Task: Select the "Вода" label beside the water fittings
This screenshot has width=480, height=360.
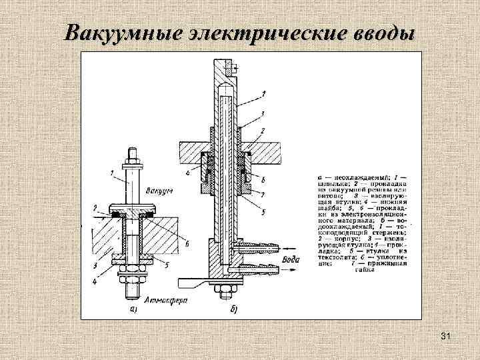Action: point(291,259)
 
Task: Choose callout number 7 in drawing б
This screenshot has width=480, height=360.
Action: point(264,193)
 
